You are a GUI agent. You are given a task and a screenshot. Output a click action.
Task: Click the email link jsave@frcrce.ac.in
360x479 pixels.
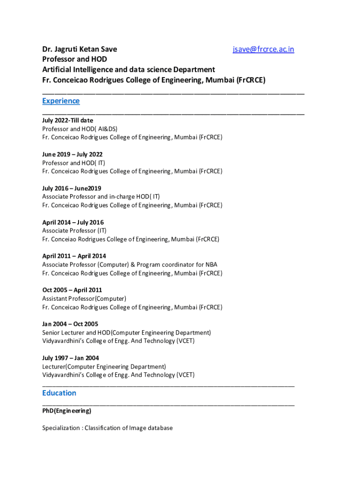(263, 49)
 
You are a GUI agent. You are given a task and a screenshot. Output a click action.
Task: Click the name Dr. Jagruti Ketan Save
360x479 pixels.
(79, 49)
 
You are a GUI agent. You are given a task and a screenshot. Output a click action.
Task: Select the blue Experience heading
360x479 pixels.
(61, 101)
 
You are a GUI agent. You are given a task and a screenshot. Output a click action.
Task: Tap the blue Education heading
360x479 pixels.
(59, 393)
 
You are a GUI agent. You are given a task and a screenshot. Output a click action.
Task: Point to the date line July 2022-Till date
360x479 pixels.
(67, 120)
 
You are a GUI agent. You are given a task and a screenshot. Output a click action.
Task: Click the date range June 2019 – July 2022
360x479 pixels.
(72, 154)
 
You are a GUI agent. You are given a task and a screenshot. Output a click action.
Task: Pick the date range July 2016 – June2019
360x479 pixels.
(72, 189)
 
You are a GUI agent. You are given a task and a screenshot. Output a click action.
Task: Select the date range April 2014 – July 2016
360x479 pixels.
(73, 222)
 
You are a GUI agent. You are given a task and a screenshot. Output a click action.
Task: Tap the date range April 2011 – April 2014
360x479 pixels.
(74, 256)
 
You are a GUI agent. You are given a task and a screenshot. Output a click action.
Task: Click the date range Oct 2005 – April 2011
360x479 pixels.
(72, 290)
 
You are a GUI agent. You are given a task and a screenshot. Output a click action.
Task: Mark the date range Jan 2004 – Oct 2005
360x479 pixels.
(70, 324)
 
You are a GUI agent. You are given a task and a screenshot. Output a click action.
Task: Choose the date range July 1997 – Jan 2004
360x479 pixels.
(71, 358)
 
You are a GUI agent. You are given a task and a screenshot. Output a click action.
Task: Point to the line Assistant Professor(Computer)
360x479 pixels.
(84, 298)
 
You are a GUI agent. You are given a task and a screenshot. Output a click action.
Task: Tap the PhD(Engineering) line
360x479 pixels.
(66, 411)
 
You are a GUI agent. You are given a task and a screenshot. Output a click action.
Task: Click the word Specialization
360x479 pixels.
(61, 428)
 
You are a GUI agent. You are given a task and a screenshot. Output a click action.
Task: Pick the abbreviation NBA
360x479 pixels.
(211, 264)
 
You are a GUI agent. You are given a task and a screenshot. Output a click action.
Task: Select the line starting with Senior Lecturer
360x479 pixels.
(126, 333)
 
